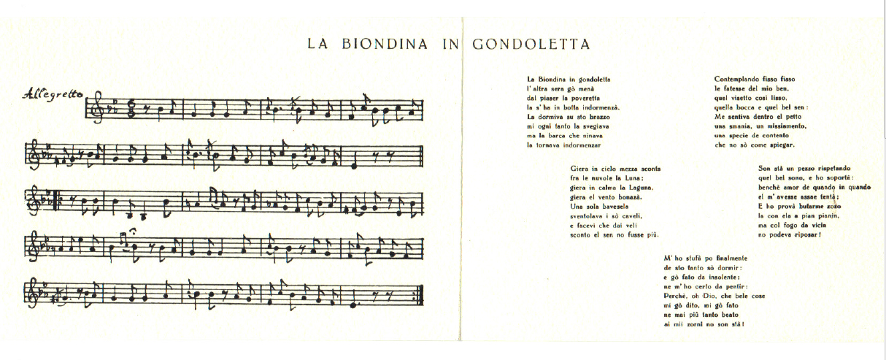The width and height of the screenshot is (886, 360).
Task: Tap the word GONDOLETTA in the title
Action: (x=531, y=44)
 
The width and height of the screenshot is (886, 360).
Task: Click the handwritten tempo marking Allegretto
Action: (x=53, y=93)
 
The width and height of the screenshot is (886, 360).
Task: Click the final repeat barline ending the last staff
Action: (x=420, y=295)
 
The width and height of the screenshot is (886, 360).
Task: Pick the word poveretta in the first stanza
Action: (x=581, y=97)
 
